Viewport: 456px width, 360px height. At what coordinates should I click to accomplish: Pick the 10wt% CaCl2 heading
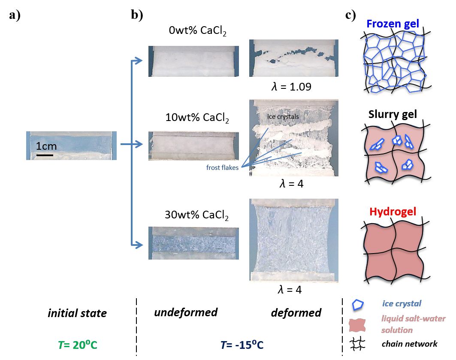click(198, 117)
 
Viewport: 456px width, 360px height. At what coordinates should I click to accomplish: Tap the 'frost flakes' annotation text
click(223, 168)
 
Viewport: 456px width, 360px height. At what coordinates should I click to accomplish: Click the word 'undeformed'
click(185, 312)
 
